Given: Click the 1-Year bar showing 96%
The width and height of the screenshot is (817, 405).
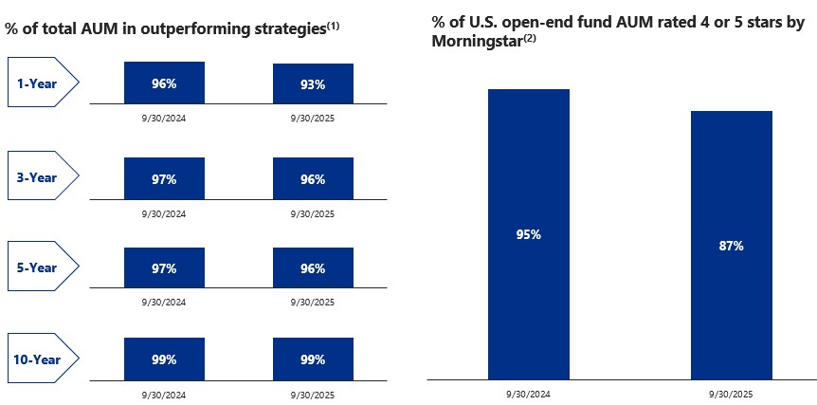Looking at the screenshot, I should coord(164,83).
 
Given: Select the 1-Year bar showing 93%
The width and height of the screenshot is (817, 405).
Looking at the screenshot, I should coord(313,83).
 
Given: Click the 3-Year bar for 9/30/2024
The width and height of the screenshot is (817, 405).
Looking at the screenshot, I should coord(164,178).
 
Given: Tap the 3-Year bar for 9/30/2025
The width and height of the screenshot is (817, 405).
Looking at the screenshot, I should coord(313,178).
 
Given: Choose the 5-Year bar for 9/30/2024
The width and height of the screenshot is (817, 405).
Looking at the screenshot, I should coord(164,268).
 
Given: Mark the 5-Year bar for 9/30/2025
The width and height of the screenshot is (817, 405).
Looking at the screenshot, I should coord(313,268).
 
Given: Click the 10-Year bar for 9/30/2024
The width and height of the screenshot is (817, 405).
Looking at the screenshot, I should coord(164,359).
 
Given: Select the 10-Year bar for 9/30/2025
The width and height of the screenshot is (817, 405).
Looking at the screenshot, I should coord(313,359).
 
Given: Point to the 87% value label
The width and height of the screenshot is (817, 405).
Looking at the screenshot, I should coord(731,246).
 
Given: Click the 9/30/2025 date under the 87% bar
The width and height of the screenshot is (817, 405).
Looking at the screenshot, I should coord(731,393).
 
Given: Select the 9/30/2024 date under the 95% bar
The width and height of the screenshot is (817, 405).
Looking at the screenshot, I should coord(528,393).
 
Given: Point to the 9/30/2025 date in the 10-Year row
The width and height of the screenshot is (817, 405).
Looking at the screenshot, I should coord(313,391).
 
